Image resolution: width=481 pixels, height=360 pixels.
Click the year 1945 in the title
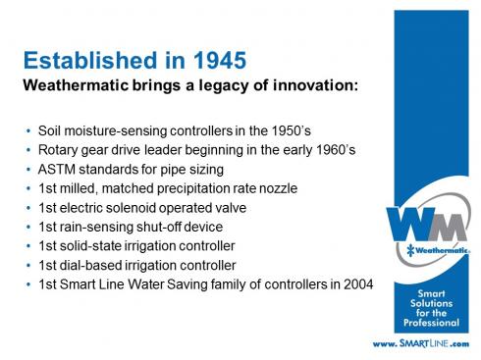pos(220,61)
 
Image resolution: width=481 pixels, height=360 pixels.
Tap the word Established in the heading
pos(90,60)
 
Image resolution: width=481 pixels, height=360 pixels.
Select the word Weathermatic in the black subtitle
pos(76,85)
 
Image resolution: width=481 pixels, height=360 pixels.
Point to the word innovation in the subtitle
pos(315,85)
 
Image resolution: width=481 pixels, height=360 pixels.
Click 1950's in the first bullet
pos(292,130)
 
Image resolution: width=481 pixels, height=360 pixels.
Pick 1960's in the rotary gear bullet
pos(336,150)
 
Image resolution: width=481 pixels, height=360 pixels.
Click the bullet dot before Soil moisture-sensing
pos(28,131)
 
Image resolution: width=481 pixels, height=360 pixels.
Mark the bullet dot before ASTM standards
pos(28,170)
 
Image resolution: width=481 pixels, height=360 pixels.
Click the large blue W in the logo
pos(409,225)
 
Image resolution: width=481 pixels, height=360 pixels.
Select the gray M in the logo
pos(450,227)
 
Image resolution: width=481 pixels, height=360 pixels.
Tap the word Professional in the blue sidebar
pos(431,323)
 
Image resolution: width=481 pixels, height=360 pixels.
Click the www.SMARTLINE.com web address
pos(421,344)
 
